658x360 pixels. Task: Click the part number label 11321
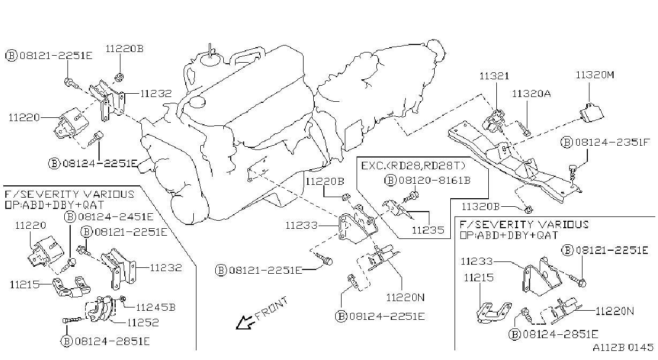pos(494,76)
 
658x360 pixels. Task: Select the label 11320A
pos(532,94)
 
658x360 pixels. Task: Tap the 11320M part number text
pos(595,75)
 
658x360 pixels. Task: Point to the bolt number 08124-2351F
pos(612,142)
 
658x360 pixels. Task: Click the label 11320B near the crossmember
pos(481,207)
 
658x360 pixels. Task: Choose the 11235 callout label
pos(428,230)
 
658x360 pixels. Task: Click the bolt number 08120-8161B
pos(435,180)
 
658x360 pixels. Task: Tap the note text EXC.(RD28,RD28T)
pos(413,166)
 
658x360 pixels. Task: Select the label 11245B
pos(156,307)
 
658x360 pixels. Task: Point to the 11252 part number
pos(143,322)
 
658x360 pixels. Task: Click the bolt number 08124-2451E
pos(116,217)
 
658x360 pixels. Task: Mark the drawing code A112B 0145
pos(623,348)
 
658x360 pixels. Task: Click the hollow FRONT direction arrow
pos(244,322)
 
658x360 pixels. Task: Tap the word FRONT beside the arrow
pos(271,308)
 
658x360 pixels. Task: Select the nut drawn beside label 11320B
pos(528,209)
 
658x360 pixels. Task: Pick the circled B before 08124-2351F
pos(566,142)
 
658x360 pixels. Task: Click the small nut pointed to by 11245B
pos(123,299)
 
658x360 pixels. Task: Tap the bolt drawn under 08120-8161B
pos(411,197)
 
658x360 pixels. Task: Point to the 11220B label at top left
pos(125,49)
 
